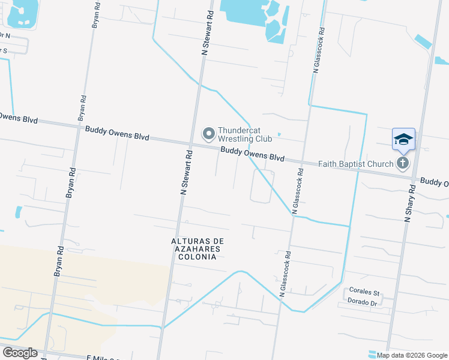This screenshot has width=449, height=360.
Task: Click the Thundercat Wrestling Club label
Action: click(245, 134)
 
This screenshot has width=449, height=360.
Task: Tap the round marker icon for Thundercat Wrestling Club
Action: click(209, 134)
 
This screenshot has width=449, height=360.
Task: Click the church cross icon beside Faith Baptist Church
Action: click(402, 163)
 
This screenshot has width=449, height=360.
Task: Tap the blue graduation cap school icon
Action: click(403, 139)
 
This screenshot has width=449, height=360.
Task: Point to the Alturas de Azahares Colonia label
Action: click(196, 249)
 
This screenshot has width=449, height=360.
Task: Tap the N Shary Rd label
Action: click(409, 204)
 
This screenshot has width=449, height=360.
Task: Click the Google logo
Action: click(20, 353)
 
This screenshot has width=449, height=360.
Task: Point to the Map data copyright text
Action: click(412, 355)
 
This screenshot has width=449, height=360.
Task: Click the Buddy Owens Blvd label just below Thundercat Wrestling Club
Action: click(252, 154)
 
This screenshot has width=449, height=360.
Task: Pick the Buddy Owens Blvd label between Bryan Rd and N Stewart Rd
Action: click(117, 133)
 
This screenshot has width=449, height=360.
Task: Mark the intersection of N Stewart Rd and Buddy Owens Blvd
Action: click(191, 144)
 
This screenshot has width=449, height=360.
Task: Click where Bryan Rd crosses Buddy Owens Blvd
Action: click(76, 126)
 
